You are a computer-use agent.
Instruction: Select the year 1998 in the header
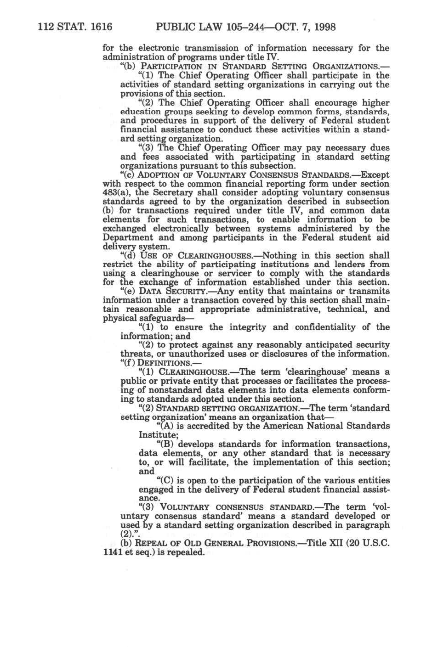coord(324,27)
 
